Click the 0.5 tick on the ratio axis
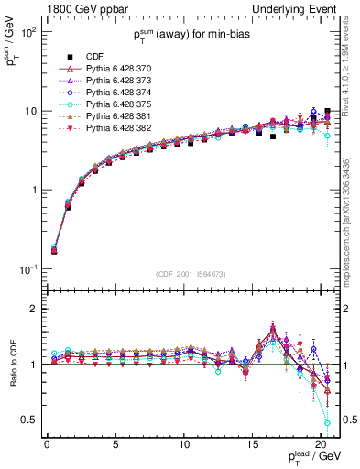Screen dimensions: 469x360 (27, 420)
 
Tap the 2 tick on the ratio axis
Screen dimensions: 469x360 (32, 309)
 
